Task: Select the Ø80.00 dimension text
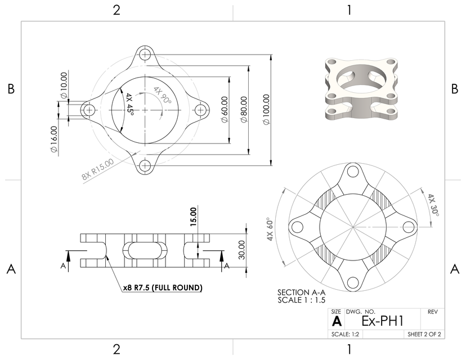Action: pyautogui.click(x=244, y=110)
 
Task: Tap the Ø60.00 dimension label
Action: pyautogui.click(x=225, y=110)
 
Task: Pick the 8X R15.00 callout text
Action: pyautogui.click(x=97, y=169)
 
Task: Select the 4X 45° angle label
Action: pyautogui.click(x=130, y=103)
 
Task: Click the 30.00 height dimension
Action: pyautogui.click(x=241, y=250)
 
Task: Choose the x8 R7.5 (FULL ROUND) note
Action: pyautogui.click(x=163, y=287)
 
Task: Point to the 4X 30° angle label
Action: pyautogui.click(x=432, y=205)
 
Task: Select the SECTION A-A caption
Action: pyautogui.click(x=301, y=292)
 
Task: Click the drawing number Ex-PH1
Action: pyautogui.click(x=382, y=321)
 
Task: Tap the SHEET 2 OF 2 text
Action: pyautogui.click(x=424, y=334)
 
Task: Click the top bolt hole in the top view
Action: pyautogui.click(x=146, y=55)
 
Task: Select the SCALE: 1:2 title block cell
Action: pyautogui.click(x=346, y=334)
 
